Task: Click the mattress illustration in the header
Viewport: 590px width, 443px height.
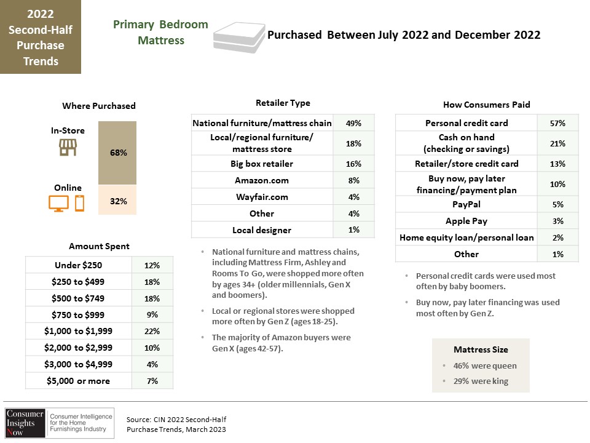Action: click(239, 36)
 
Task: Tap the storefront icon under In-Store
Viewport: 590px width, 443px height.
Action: click(68, 147)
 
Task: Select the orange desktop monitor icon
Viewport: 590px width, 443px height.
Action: click(59, 204)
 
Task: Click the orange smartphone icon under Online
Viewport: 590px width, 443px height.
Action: click(79, 204)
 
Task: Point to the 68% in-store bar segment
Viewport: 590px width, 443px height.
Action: click(117, 153)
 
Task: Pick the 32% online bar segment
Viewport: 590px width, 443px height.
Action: click(117, 199)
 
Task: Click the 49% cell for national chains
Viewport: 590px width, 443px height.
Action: click(354, 123)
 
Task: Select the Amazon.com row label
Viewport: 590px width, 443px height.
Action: click(262, 180)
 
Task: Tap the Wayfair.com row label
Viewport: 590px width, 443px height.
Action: click(262, 197)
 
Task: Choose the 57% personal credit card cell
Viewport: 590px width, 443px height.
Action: click(557, 123)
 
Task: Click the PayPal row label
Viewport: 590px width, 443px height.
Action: click(466, 204)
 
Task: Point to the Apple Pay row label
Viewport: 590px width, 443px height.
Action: click(466, 221)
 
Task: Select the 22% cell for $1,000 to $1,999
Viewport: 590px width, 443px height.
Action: click(152, 331)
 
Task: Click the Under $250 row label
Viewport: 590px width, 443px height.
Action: click(78, 265)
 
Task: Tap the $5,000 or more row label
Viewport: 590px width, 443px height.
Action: click(78, 381)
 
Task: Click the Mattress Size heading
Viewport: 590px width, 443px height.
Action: click(481, 349)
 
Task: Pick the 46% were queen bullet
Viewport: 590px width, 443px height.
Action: click(485, 365)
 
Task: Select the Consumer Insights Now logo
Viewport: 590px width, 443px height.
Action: click(60, 423)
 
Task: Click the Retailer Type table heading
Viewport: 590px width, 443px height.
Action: click(283, 103)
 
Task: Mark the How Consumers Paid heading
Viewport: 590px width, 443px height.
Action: click(487, 105)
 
